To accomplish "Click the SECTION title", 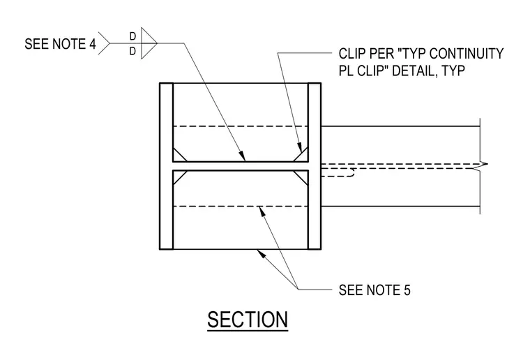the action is coord(248,320).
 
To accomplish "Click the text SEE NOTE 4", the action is coord(60,44).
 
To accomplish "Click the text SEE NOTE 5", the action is coord(374,290).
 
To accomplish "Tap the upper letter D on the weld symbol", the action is coord(132,36).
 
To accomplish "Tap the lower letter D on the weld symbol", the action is coord(132,51).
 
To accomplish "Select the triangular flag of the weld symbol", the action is coord(148,43).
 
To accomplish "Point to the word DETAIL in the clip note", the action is coord(412,70).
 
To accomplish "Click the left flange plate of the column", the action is coord(166,166).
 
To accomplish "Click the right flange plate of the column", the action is coord(315,166).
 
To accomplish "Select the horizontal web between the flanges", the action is coord(241,166).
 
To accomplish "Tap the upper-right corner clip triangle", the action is coord(303,156).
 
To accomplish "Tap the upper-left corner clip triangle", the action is coord(178,156).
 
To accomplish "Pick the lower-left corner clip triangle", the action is coord(178,176).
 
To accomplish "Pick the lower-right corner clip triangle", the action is coord(303,176).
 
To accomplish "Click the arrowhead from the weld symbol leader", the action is coord(243,156).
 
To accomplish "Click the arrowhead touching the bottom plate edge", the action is coord(262,253).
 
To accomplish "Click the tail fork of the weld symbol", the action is coord(104,43).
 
